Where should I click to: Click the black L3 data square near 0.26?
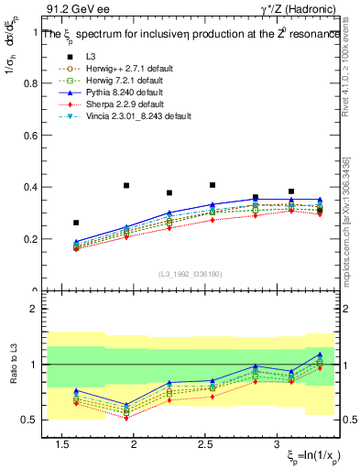click(x=76, y=223)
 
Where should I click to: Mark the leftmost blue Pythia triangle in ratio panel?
click(x=76, y=390)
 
